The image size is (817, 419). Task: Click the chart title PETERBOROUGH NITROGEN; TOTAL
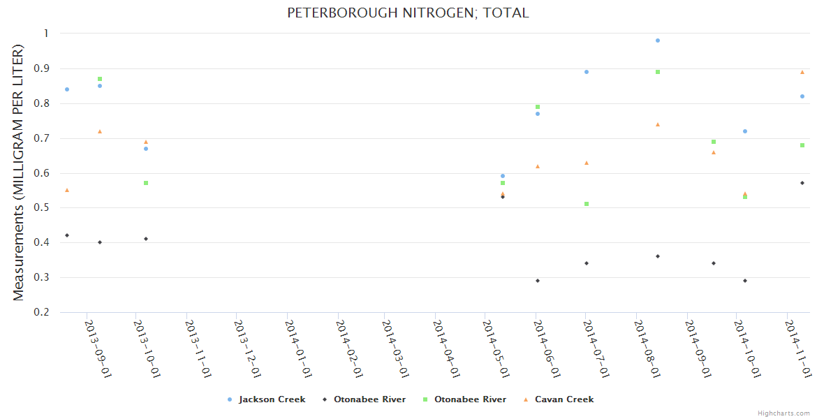pos(408,13)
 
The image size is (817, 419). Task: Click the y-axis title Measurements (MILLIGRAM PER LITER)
pos(19,172)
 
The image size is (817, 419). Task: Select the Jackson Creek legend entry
pos(272,399)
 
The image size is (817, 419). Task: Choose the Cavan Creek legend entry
pos(564,399)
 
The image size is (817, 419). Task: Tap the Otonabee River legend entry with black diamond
pos(369,399)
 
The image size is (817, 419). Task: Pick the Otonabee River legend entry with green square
pos(470,399)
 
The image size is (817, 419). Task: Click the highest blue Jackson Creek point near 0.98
pos(658,41)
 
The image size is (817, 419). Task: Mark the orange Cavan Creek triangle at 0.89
pos(802,72)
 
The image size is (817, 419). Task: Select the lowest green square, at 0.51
pos(587,204)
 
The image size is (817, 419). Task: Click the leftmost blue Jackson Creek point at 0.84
pos(67,89)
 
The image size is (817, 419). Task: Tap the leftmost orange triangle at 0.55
pos(67,190)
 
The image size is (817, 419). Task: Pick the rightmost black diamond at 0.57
pos(802,183)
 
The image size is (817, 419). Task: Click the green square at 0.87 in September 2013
pos(100,79)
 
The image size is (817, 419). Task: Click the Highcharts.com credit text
pos(784,413)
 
